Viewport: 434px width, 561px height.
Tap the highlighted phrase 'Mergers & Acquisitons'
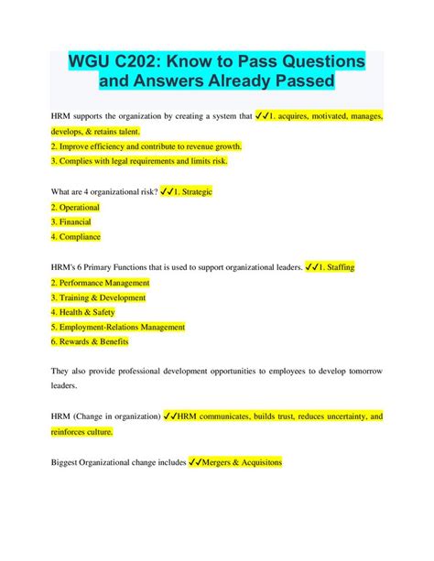click(x=241, y=462)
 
